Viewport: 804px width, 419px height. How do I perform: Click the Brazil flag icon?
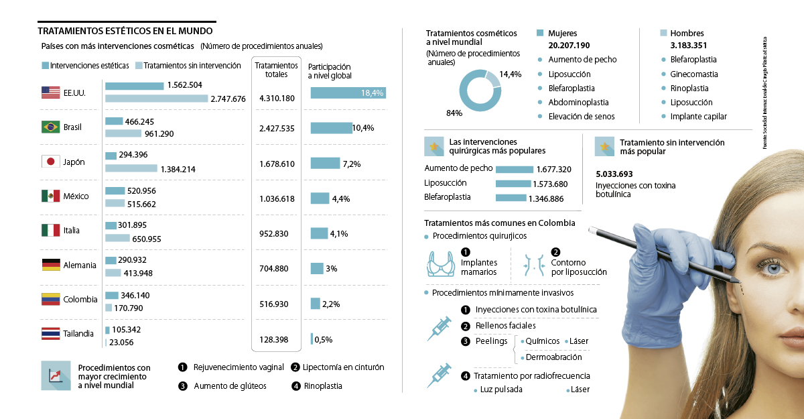point(51,127)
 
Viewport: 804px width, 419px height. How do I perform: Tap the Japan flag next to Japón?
point(51,162)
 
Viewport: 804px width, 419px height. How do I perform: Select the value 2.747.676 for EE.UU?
point(228,99)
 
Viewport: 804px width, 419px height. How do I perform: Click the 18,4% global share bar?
point(348,93)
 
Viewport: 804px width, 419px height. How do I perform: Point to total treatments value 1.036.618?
point(277,198)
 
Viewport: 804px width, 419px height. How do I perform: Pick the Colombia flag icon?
point(51,299)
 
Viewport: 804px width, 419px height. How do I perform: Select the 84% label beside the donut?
point(454,113)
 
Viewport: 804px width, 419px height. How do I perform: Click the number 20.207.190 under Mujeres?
point(569,45)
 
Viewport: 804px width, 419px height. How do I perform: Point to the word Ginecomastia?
point(694,74)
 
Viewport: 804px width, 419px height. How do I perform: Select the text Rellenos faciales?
point(505,326)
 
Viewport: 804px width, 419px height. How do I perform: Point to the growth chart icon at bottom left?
point(55,375)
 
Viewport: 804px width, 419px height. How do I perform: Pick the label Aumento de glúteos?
point(230,386)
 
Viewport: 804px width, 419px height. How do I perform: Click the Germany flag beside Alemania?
point(51,265)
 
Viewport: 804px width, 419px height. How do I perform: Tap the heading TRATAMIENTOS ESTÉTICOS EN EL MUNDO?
point(125,31)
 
